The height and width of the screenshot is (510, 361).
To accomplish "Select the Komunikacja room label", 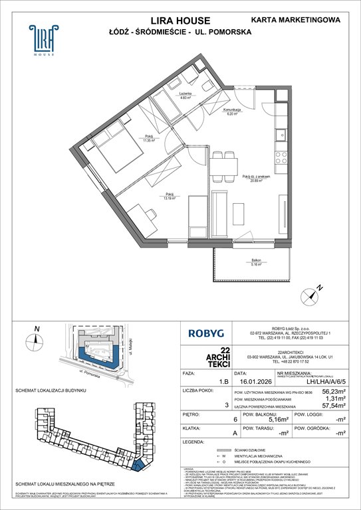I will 230,110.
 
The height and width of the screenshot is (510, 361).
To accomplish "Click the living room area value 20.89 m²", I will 253,180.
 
